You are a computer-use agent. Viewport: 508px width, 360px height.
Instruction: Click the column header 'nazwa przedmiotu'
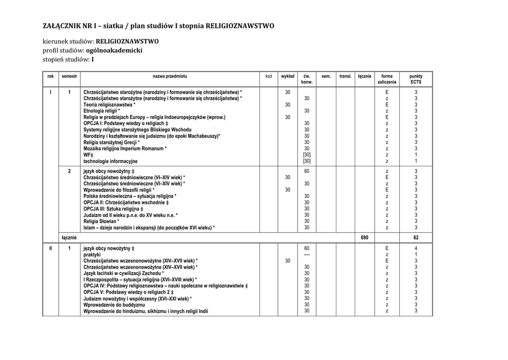[170, 76]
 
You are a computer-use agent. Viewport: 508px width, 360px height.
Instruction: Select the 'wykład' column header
[288, 76]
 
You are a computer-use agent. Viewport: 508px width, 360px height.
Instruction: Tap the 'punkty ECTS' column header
[416, 79]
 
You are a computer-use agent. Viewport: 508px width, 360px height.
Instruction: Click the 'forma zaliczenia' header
[387, 79]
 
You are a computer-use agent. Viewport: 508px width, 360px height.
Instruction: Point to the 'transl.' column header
[345, 76]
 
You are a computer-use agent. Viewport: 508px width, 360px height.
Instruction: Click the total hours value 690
[365, 238]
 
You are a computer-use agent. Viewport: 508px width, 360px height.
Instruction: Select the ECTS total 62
[416, 238]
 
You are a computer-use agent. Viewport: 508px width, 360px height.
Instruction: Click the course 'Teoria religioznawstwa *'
[109, 105]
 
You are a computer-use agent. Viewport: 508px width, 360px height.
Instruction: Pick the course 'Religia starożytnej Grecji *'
[112, 142]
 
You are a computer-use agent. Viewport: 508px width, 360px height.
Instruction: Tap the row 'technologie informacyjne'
[111, 161]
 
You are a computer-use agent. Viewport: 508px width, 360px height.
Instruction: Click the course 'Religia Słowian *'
[105, 221]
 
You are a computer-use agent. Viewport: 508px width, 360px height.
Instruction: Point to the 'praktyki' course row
[92, 254]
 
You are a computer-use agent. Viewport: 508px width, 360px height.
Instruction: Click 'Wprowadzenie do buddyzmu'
[114, 304]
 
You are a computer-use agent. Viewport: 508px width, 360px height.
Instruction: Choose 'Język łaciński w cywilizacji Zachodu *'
[124, 273]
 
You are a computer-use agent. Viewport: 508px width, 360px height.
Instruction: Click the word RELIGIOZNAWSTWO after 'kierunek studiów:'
[127, 41]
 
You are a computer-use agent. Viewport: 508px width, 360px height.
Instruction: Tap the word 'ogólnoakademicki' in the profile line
[114, 50]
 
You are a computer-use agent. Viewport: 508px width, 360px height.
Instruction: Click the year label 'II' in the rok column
[51, 248]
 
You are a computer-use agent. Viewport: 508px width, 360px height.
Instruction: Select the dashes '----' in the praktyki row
[307, 254]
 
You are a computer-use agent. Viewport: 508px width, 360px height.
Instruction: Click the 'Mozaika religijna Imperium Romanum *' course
[125, 148]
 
